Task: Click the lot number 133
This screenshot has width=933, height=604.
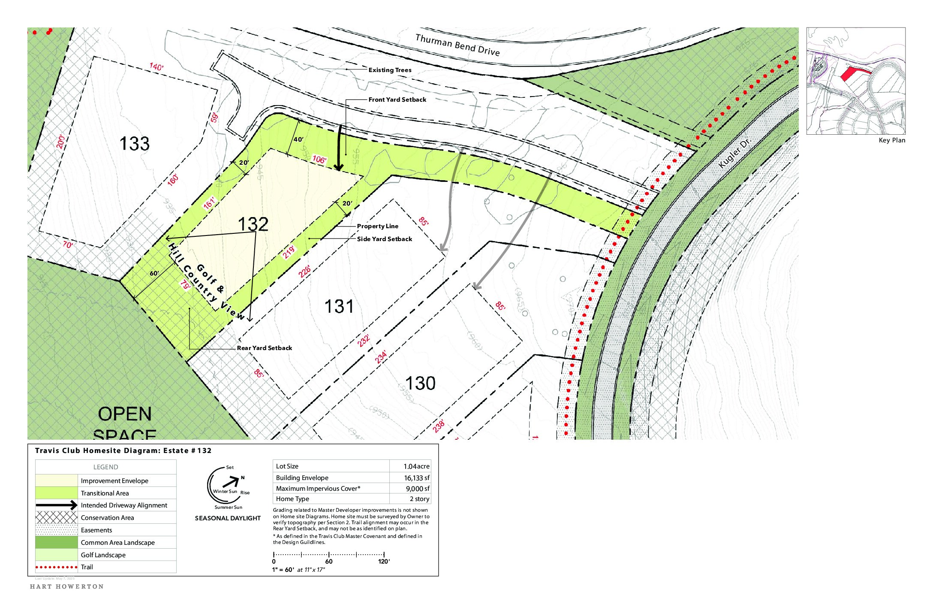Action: coord(134,144)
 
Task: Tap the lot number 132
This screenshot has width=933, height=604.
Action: coord(253,224)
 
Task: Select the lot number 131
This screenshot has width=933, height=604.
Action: coord(339,307)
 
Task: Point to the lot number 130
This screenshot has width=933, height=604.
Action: coord(420,384)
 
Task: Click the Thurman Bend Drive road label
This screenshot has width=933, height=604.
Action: coord(457,45)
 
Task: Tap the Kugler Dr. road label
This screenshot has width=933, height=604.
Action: coord(734,152)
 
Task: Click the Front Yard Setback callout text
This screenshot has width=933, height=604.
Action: coord(397,100)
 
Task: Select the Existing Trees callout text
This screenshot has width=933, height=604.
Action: coord(390,70)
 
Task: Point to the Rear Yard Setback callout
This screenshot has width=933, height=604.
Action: coord(264,348)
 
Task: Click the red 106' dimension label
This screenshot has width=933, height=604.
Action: coord(319,160)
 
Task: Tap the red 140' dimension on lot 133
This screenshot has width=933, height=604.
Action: coord(156,67)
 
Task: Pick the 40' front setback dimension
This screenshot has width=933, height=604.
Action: coord(298,139)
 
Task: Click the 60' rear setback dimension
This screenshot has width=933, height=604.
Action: coord(154,273)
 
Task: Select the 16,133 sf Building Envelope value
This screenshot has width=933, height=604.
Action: coord(416,478)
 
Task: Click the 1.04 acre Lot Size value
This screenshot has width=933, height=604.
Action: coord(416,466)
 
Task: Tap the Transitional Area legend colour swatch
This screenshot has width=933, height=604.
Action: coord(56,493)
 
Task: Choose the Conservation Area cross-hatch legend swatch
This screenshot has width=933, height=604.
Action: coord(56,518)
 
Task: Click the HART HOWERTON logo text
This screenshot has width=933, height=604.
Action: coord(67,586)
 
